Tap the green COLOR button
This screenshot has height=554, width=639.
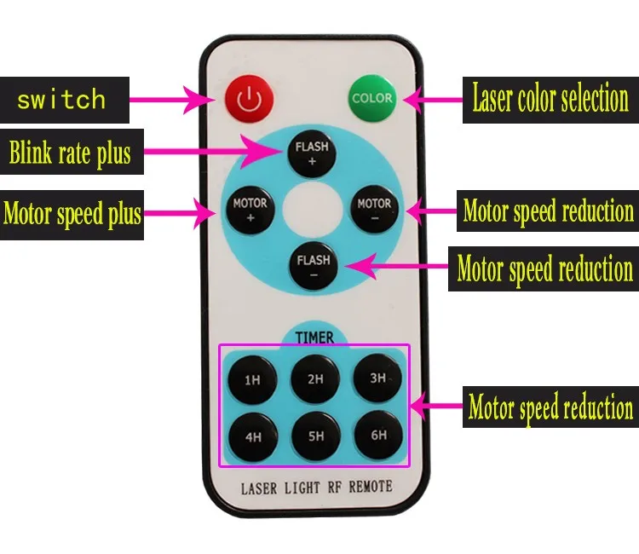372,98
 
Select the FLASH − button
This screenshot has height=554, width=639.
313,266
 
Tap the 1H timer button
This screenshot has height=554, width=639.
252,379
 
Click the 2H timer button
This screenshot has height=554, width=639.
315,378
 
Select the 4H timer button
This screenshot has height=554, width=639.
253,437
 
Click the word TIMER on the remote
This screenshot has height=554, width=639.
314,338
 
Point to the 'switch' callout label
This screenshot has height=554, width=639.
61,100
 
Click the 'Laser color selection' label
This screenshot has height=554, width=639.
550,100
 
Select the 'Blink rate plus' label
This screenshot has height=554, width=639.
70,154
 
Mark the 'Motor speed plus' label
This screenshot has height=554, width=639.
72,213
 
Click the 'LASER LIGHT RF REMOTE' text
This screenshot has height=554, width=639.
316,488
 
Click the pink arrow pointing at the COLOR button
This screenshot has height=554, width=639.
431,100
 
